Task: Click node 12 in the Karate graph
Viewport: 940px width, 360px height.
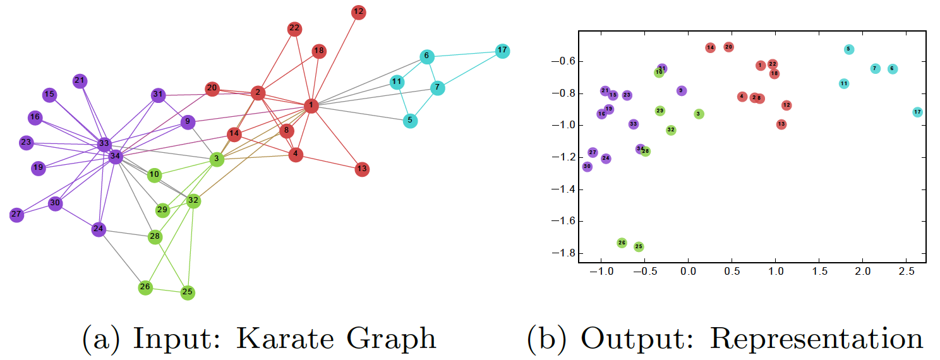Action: (359, 12)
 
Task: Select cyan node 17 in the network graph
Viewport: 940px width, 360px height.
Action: (502, 51)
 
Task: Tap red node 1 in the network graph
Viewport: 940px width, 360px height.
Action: (311, 105)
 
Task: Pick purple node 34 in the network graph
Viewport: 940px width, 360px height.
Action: (115, 156)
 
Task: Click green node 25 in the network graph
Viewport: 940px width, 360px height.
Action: (187, 292)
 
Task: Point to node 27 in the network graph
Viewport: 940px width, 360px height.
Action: (16, 215)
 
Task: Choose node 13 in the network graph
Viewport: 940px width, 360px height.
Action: (361, 169)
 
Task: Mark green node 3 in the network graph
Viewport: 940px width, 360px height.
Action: (217, 159)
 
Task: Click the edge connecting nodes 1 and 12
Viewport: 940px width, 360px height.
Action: (335, 59)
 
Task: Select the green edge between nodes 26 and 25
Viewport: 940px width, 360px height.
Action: (166, 290)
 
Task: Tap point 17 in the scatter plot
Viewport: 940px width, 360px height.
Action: (918, 112)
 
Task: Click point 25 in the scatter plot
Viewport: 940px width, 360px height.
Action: (639, 246)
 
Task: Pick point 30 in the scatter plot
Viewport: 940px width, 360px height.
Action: (587, 167)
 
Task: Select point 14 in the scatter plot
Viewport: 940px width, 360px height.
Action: (710, 47)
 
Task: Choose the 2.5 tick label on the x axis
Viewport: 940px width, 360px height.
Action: (906, 271)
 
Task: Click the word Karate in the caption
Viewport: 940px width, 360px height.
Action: (288, 338)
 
